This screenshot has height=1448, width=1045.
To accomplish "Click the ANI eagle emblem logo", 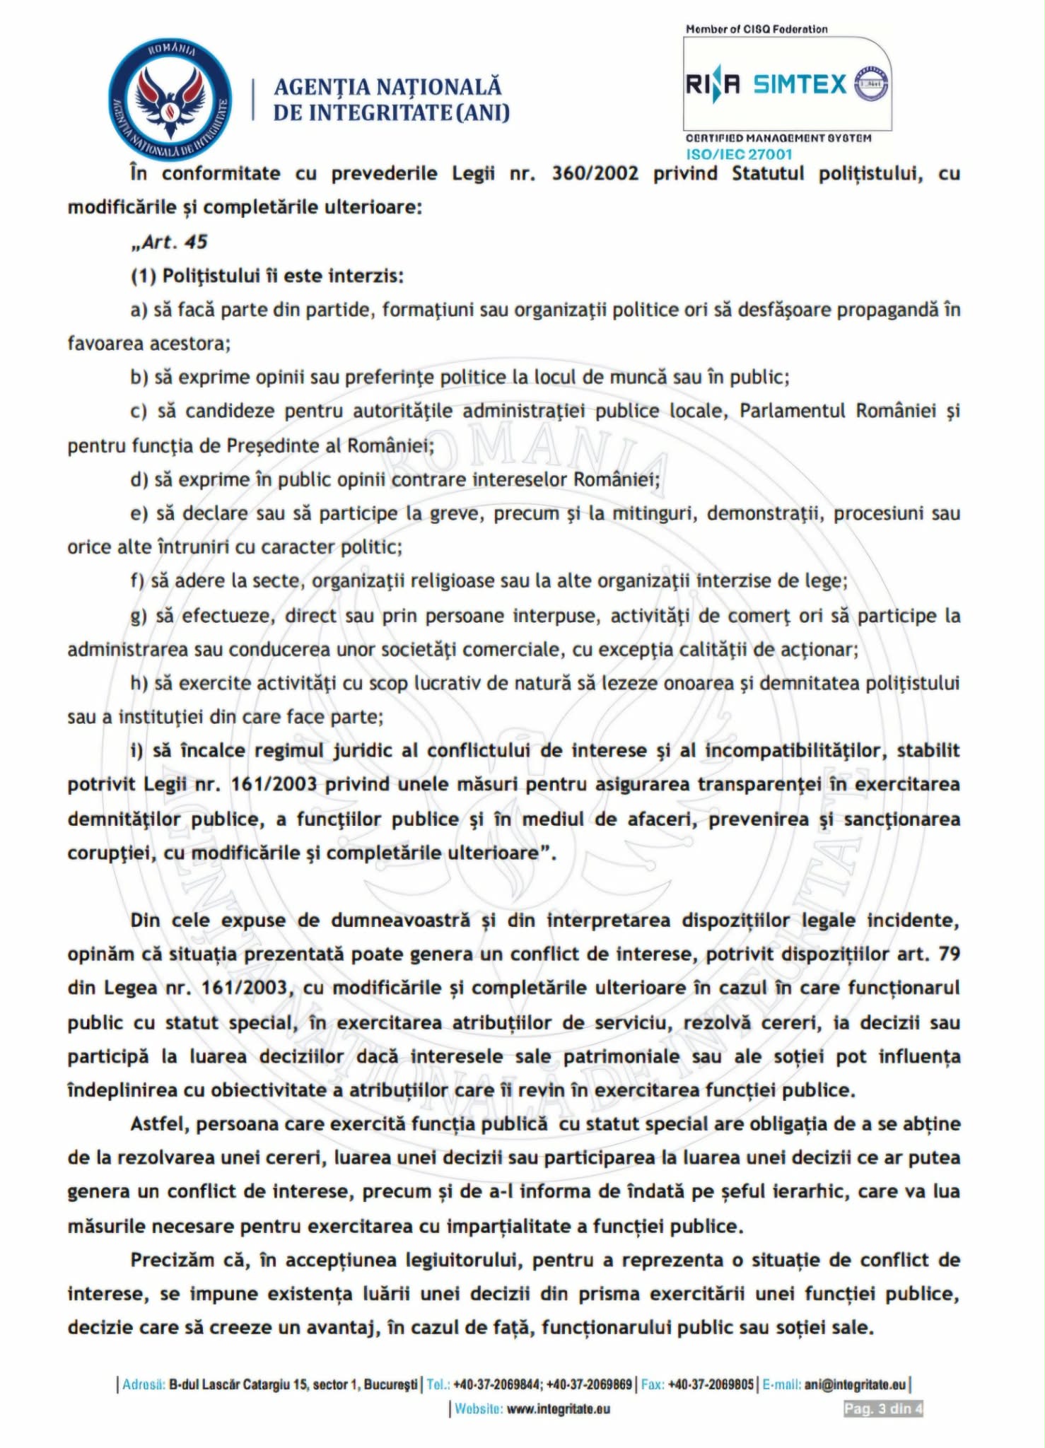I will [170, 100].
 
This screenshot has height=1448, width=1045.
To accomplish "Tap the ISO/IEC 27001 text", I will [739, 154].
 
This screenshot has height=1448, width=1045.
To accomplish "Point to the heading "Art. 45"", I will [170, 242].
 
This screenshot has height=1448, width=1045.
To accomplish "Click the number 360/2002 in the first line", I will [595, 173].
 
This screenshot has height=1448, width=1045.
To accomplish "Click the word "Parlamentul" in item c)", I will [792, 411].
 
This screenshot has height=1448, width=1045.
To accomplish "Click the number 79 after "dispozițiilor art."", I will [949, 954].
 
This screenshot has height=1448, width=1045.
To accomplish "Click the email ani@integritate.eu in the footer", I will [855, 1384].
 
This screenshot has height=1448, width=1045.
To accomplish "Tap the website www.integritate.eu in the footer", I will [558, 1408].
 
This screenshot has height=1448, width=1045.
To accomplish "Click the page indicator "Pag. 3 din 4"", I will [883, 1408].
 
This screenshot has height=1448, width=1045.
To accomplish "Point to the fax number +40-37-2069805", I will [711, 1384].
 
